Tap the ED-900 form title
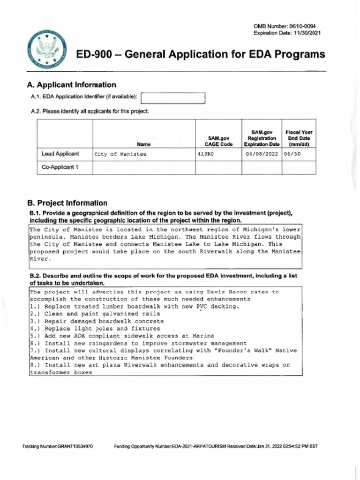point(201,55)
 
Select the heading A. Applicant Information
point(72,85)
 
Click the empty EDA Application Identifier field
point(173,97)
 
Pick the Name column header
point(143,144)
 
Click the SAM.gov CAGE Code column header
point(218,141)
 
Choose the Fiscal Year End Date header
point(299,138)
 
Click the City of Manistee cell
point(120,154)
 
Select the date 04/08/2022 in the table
point(262,154)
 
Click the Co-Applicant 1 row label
point(59,167)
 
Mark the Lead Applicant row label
point(60,154)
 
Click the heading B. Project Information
point(67,203)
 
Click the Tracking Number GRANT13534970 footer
point(57,446)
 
